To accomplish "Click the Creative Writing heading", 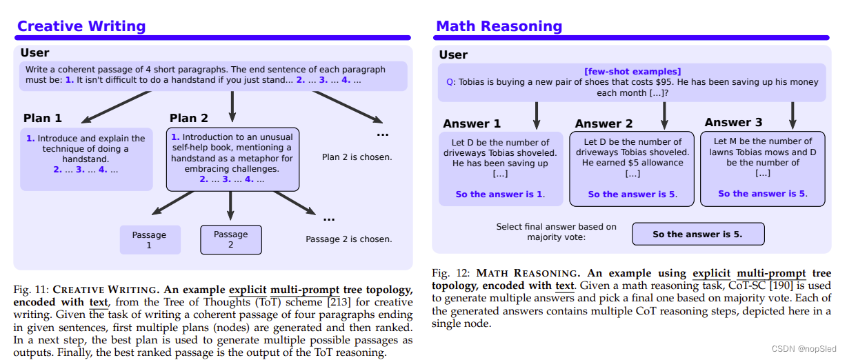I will pyautogui.click(x=81, y=26).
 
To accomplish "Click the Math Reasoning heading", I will pyautogui.click(x=499, y=26).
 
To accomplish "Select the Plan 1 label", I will pyautogui.click(x=43, y=118).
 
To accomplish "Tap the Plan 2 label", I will pyautogui.click(x=189, y=118).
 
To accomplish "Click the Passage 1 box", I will pyautogui.click(x=150, y=240).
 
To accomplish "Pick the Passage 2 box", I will pyautogui.click(x=231, y=239).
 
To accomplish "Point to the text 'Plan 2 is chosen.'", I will pyautogui.click(x=357, y=157).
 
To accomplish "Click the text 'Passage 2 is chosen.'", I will pyautogui.click(x=348, y=239).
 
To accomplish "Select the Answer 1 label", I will pyautogui.click(x=472, y=123).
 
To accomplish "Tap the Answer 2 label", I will pyautogui.click(x=604, y=123).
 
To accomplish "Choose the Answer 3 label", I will pyautogui.click(x=733, y=122).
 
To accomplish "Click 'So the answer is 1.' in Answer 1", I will pyautogui.click(x=500, y=194).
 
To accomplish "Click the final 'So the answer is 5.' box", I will pyautogui.click(x=697, y=234).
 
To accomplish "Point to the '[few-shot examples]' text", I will pyautogui.click(x=632, y=71).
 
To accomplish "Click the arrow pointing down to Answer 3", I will pyautogui.click(x=793, y=114).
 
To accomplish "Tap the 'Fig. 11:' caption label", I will pyautogui.click(x=31, y=289).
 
